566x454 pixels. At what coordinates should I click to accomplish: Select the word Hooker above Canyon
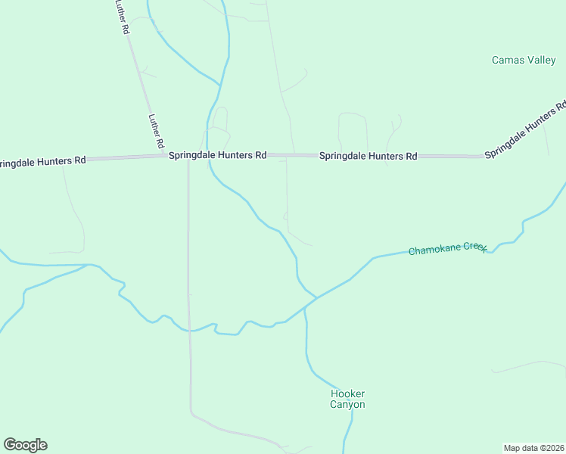(348, 394)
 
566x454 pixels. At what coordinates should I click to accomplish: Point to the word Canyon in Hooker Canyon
(347, 405)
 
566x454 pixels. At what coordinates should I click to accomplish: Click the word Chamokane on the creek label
(435, 250)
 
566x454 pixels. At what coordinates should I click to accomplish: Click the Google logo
(25, 445)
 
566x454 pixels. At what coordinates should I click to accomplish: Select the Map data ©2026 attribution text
(534, 447)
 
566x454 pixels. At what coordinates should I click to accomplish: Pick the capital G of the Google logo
(10, 445)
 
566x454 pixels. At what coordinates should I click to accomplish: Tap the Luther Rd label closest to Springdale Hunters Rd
(156, 131)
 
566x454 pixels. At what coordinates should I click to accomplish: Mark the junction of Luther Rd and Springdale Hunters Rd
(165, 156)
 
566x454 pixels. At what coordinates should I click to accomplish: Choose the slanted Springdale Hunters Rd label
(525, 131)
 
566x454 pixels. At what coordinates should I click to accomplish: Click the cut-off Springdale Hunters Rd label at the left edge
(42, 161)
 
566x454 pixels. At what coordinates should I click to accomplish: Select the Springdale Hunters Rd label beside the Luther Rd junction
(217, 155)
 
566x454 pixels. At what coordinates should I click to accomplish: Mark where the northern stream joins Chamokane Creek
(316, 297)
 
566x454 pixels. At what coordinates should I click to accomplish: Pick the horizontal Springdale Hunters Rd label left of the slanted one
(368, 157)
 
